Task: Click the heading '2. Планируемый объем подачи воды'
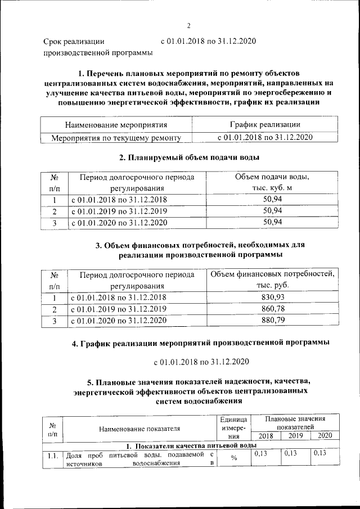pyautogui.click(x=189, y=157)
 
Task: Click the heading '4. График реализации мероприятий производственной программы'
pyautogui.click(x=201, y=343)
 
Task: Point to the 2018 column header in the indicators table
pyautogui.click(x=264, y=435)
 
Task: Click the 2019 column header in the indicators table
pyautogui.click(x=295, y=435)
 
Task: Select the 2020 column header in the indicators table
pyautogui.click(x=325, y=435)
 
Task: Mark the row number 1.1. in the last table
pyautogui.click(x=53, y=456)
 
